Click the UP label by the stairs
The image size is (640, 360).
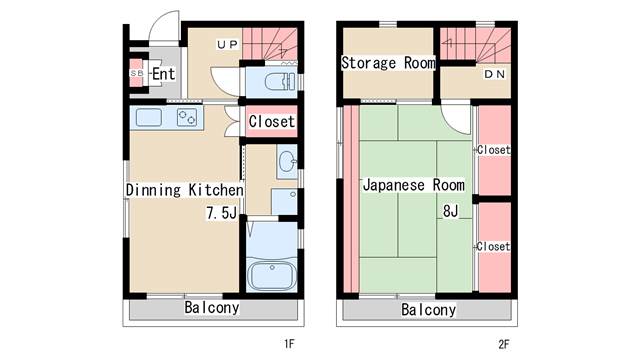point(227,44)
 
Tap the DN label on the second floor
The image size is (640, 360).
point(495,74)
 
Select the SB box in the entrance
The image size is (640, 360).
point(136,73)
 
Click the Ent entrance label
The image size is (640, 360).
point(164,74)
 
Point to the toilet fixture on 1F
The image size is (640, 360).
point(280,81)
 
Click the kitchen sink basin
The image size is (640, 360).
point(149,118)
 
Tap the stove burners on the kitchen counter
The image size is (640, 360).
point(187,118)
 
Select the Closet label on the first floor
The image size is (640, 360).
point(271,121)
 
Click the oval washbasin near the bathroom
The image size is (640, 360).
point(287,161)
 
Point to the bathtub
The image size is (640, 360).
point(272,275)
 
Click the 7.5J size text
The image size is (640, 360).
point(222,213)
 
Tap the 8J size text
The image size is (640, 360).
point(451,211)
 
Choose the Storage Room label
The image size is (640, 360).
point(388,63)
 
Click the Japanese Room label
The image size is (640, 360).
point(414,185)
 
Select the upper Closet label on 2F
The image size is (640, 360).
point(494,150)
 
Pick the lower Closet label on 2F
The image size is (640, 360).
point(493,247)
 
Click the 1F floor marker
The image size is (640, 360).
point(289,344)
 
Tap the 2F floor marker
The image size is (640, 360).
point(504,344)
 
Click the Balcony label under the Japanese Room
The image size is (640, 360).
point(429,310)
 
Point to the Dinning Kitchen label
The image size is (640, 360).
point(184,190)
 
